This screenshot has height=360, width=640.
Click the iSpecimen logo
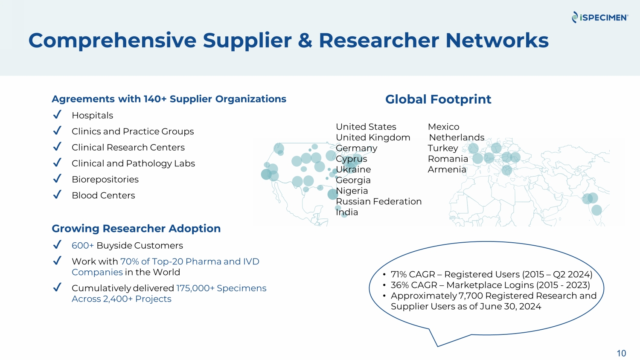[x=600, y=17]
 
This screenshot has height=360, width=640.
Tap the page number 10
[x=621, y=353]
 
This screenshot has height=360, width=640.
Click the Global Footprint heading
[x=438, y=99]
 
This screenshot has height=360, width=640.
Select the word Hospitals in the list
[x=92, y=116]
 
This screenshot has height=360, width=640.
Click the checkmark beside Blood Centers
[x=57, y=195]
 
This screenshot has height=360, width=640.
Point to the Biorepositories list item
[x=105, y=180]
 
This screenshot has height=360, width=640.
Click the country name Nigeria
[x=352, y=191]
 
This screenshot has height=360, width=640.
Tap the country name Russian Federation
[x=378, y=201]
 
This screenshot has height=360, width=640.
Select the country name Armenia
[x=447, y=169]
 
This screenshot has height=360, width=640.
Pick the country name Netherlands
[x=457, y=137]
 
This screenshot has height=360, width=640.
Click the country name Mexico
[x=443, y=127]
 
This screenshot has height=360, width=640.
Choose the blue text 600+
[x=83, y=245]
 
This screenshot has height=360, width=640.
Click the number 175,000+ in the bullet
[x=195, y=288]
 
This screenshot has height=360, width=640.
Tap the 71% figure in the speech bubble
[x=399, y=274]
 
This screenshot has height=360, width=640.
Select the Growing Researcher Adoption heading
[x=136, y=229]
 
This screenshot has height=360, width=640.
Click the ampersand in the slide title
[x=305, y=40]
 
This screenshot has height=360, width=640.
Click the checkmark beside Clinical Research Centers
[x=57, y=147]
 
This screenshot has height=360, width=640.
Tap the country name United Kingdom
[x=373, y=137]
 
